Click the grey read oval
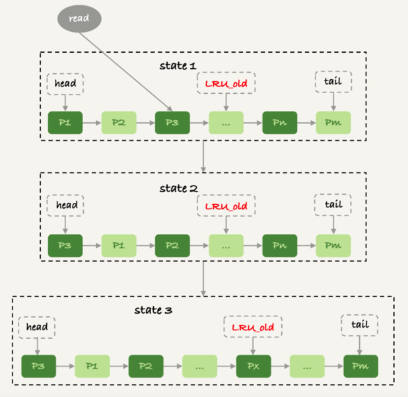tap(80, 18)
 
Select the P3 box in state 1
tap(172, 123)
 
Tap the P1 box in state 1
tap(65, 123)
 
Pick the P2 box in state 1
tap(118, 123)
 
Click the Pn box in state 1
tap(279, 123)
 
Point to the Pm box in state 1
tap(333, 123)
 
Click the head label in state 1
tap(65, 83)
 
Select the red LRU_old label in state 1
tap(226, 83)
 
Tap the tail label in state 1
tap(333, 81)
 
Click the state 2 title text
tap(178, 188)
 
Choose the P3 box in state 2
tap(65, 245)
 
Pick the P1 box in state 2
tap(118, 245)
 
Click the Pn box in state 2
tap(279, 245)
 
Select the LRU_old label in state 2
tap(226, 206)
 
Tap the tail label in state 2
tap(333, 204)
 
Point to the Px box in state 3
tap(253, 366)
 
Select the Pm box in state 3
tap(360, 366)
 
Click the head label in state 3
tap(37, 327)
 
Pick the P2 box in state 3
tap(145, 366)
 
